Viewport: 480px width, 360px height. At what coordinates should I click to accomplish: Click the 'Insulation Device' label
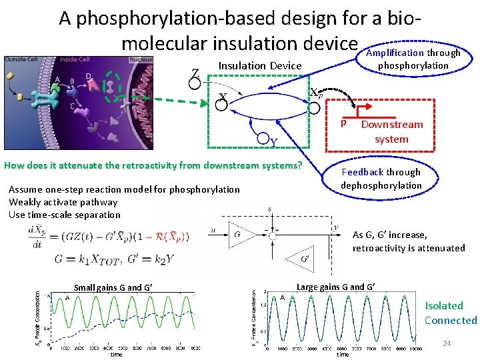coord(260,65)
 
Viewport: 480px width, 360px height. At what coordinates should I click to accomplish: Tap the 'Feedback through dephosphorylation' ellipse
coord(381,179)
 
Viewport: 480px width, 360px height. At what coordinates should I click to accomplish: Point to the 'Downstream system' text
coord(391,131)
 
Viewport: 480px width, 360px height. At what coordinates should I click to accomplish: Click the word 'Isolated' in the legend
coord(444,306)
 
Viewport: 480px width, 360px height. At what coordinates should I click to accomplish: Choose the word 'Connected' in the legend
coord(451,320)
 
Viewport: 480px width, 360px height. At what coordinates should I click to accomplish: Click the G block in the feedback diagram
coord(238,235)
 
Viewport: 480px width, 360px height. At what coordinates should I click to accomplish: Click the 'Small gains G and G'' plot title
coord(113,288)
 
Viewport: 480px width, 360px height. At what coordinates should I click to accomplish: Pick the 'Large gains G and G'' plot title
coord(335,287)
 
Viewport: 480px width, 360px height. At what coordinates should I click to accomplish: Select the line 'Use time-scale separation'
coord(65,215)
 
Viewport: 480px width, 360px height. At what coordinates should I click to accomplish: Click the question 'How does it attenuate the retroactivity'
coord(153,165)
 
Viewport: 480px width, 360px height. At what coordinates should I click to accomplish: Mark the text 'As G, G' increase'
coord(389,235)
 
